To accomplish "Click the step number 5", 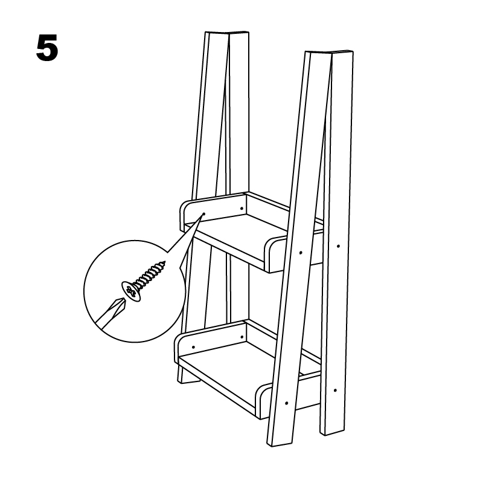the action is click(x=47, y=48).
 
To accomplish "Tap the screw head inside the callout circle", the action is click(x=131, y=291).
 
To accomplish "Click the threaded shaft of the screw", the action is click(x=150, y=274).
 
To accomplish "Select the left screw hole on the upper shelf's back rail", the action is click(x=204, y=213).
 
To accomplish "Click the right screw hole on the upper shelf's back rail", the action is click(x=242, y=209).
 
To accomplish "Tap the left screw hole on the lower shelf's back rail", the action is click(x=193, y=347).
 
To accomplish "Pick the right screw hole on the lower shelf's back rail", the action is click(x=242, y=337).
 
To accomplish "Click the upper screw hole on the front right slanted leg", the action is click(x=301, y=253).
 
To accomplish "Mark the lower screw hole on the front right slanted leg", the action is click(x=287, y=403).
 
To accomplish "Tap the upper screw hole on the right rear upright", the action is click(x=338, y=246).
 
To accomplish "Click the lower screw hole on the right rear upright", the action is click(x=335, y=391).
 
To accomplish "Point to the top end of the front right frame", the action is click(x=329, y=53).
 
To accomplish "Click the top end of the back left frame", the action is click(x=227, y=32).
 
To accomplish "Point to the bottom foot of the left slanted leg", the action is click(x=188, y=380).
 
